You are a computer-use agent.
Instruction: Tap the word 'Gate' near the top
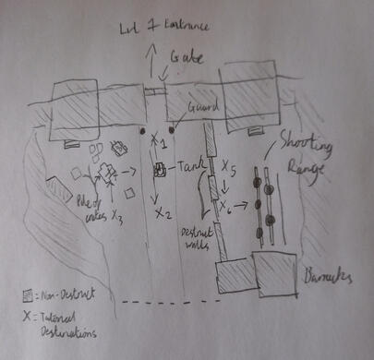(x=187, y=60)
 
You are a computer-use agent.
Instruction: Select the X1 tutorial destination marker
(x=159, y=145)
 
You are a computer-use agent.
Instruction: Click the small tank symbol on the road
(x=159, y=170)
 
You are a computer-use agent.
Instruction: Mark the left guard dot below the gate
(x=143, y=131)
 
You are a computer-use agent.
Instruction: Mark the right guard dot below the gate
(x=172, y=130)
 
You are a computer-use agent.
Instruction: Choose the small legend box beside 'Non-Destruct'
(x=29, y=295)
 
